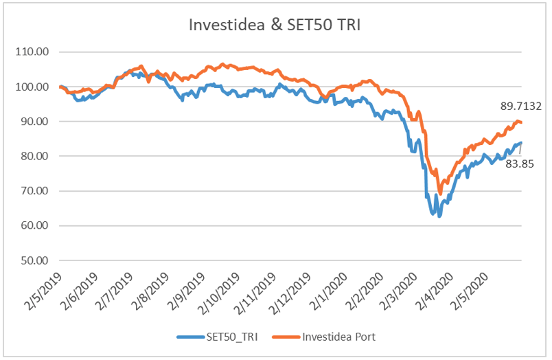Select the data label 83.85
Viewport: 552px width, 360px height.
520,164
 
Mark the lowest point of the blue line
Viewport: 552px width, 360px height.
439,216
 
